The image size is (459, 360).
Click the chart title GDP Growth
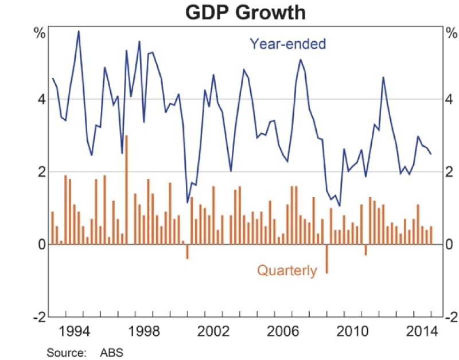pos(245,12)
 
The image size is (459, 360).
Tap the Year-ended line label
pos(287,44)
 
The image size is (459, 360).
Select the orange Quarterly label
pos(286,270)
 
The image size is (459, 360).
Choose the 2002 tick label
pos(213,331)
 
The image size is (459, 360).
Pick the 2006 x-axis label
pos(283,331)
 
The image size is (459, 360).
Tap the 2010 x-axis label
pos(352,331)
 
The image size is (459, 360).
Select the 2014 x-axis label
pos(421,331)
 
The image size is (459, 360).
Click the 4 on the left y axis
pos(41,99)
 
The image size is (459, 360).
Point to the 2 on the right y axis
pos(450,172)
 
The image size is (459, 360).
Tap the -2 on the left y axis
pos(38,317)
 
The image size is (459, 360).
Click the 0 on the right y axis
pos(450,245)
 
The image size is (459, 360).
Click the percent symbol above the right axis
pos(450,33)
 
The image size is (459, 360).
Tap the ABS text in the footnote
pos(111,351)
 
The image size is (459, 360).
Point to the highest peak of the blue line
pos(79,31)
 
